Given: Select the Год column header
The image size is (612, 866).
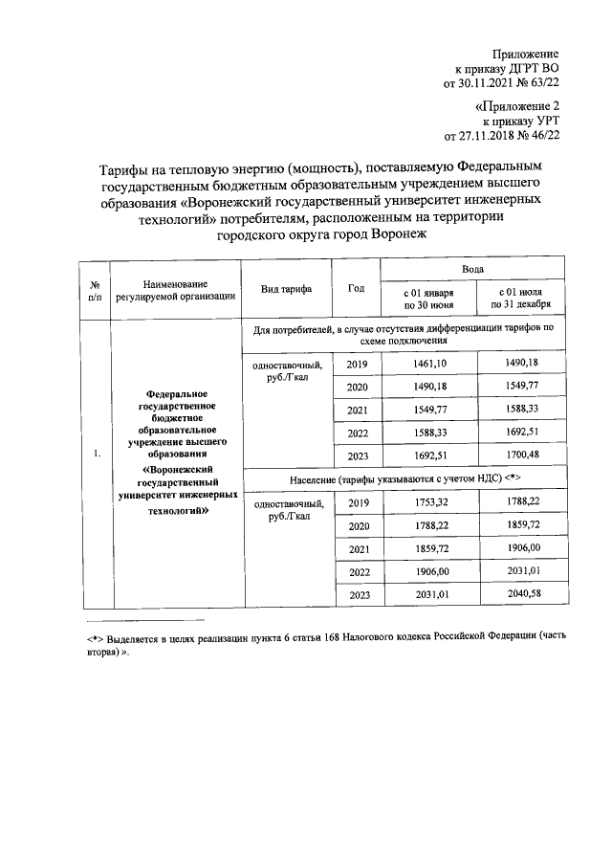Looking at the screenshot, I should pyautogui.click(x=357, y=288).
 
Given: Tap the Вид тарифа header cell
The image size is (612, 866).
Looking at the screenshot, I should pyautogui.click(x=286, y=289).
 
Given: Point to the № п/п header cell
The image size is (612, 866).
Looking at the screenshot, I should pyautogui.click(x=96, y=290).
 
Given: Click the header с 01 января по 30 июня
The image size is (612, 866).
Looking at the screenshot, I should pyautogui.click(x=426, y=298).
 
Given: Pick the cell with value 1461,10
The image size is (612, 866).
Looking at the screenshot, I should pyautogui.click(x=426, y=364).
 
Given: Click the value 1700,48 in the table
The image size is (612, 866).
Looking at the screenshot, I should pyautogui.click(x=519, y=455).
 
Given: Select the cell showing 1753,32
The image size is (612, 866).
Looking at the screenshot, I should pyautogui.click(x=426, y=502).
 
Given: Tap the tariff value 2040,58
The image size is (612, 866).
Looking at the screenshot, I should pyautogui.click(x=519, y=594).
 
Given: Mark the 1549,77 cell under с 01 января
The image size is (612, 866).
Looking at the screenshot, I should pyautogui.click(x=426, y=410).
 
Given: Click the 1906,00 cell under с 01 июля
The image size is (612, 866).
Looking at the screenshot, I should pyautogui.click(x=519, y=548).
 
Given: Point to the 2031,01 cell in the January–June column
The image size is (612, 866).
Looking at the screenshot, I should pyautogui.click(x=426, y=594).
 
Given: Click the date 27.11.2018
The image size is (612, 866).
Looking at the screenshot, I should pyautogui.click(x=487, y=137).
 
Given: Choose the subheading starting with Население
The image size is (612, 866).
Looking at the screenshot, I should pyautogui.click(x=404, y=477).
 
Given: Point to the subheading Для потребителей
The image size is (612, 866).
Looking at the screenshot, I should pyautogui.click(x=404, y=335).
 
